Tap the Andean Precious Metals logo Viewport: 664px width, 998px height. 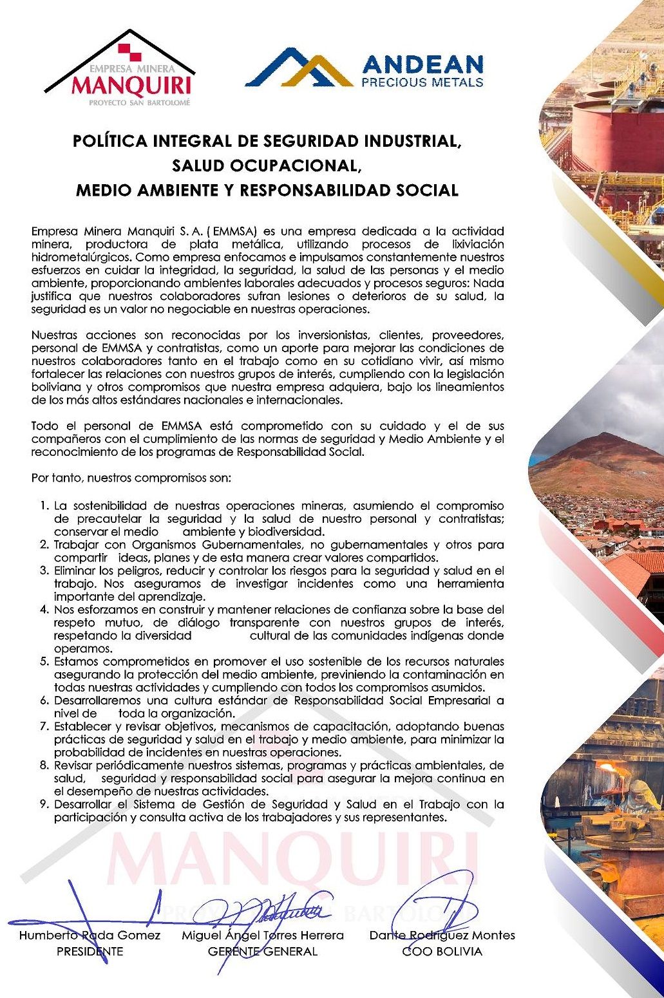[365, 68]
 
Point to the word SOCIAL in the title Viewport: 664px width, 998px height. [427, 191]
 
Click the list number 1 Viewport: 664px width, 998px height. [44, 506]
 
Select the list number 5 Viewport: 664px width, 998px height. [44, 662]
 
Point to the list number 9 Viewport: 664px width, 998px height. [44, 805]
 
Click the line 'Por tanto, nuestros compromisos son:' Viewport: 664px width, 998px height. [131, 478]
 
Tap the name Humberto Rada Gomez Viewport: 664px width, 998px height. [90, 936]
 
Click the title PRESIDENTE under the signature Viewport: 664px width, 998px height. [90, 952]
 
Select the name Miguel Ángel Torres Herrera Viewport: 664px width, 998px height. [263, 936]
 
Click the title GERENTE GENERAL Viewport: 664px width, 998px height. [263, 952]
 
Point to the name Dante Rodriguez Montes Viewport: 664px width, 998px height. [442, 936]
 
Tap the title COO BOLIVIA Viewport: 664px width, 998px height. [442, 952]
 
